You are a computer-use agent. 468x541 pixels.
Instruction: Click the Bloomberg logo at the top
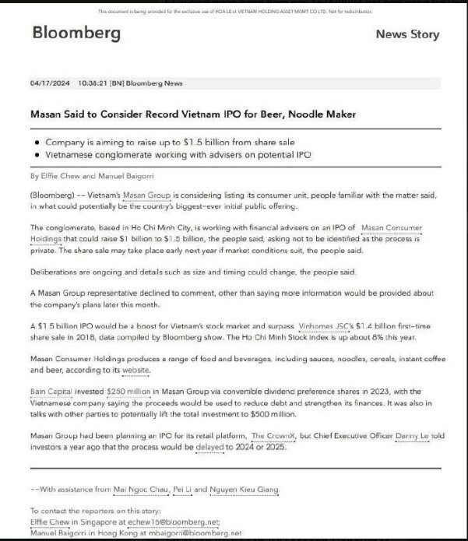click(x=76, y=33)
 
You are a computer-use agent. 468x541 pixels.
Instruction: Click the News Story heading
click(x=407, y=34)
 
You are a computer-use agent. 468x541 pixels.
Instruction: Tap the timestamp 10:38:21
click(x=94, y=83)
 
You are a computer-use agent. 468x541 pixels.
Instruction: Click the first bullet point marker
click(x=38, y=142)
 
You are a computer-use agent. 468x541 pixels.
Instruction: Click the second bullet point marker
click(x=38, y=154)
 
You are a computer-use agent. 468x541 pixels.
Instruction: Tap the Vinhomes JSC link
click(x=325, y=326)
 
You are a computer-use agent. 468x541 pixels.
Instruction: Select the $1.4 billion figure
click(x=382, y=326)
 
